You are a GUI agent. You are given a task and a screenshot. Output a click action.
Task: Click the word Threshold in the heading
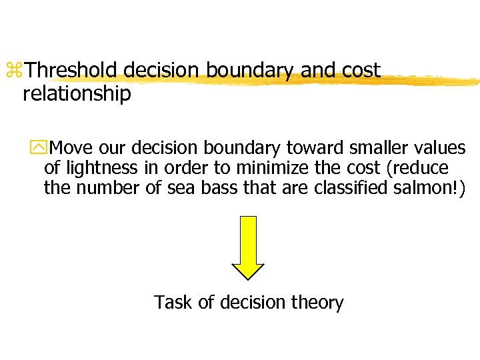coord(73,70)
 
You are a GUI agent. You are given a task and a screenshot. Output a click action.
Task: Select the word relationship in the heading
coord(77,94)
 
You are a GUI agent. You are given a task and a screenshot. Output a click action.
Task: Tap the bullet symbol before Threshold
coord(13,71)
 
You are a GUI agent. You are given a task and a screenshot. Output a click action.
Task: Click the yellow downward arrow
coord(247,247)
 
